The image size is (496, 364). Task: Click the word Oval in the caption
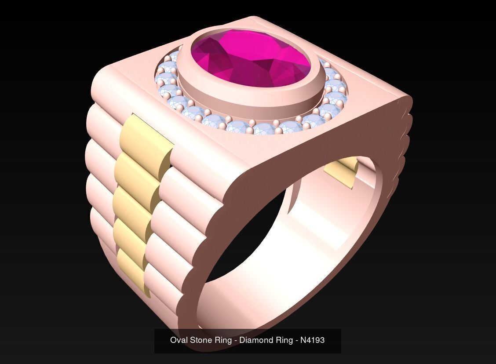178,340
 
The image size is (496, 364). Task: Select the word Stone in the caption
200,340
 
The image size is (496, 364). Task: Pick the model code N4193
312,340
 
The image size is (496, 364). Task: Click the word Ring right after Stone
224,340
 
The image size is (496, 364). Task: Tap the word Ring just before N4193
284,340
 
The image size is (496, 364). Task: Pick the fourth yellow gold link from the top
131,233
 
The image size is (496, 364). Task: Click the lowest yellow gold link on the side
130,264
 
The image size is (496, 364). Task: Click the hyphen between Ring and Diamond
236,340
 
